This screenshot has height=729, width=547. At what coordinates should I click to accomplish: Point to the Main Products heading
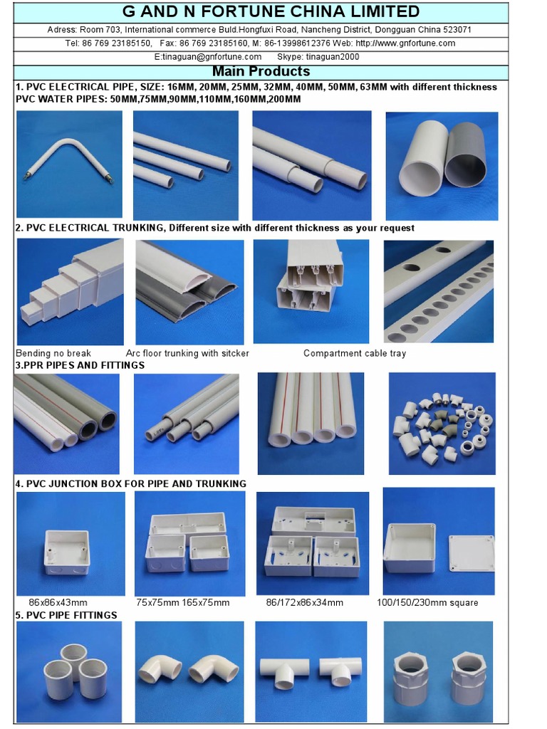click(261, 72)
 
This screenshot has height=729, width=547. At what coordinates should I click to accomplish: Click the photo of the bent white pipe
click(69, 164)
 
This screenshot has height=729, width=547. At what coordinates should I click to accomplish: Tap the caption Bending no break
click(53, 353)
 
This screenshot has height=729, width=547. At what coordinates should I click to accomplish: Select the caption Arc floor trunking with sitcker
click(187, 353)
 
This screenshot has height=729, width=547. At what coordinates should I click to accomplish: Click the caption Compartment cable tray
click(355, 353)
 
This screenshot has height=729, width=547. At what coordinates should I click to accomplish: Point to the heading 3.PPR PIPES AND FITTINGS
click(80, 365)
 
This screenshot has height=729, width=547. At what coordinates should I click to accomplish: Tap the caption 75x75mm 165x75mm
click(183, 602)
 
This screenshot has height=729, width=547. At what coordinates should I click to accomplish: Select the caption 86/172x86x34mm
click(305, 602)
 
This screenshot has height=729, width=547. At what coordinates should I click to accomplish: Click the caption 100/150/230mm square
click(427, 602)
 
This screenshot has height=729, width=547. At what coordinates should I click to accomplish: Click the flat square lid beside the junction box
click(471, 554)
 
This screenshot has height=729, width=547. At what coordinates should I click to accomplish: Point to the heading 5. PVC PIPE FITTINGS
click(66, 615)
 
